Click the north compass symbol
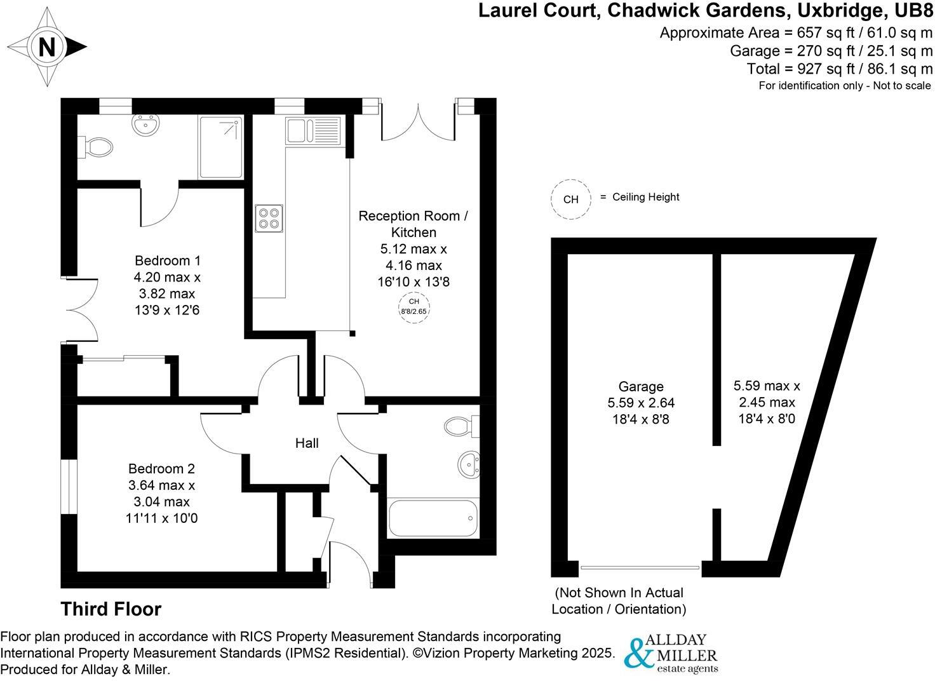click(47, 47)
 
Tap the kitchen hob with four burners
click(269, 218)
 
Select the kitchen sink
click(313, 130)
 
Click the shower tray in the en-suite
click(220, 147)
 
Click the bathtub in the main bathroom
click(433, 518)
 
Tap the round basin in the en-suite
click(147, 125)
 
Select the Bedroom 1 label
click(167, 260)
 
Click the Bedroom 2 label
click(161, 469)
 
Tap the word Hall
click(307, 443)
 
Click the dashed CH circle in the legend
click(570, 199)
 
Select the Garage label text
click(641, 386)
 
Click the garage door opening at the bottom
click(640, 567)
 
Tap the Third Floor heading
click(111, 609)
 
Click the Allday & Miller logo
click(671, 653)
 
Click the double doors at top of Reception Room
click(418, 125)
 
